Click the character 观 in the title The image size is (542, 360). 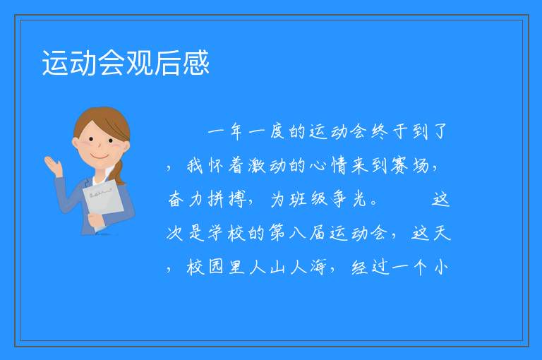[139, 63]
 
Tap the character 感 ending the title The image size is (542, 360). [196, 63]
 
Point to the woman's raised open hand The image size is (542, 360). [53, 166]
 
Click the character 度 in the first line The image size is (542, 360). [277, 131]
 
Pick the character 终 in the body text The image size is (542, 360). [380, 131]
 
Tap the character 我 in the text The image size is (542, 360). [195, 165]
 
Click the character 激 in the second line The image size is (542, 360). [256, 165]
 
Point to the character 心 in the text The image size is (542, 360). [318, 165]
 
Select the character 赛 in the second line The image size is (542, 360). [399, 165]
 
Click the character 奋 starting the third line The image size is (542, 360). [175, 199]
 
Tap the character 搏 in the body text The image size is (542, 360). [237, 199]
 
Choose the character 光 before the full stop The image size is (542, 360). [359, 199]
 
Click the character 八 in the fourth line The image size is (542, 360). [297, 233]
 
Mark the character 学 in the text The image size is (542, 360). [216, 233]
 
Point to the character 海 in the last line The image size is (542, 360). [318, 267]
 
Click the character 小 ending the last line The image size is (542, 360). [441, 267]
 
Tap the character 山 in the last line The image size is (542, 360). [277, 267]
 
